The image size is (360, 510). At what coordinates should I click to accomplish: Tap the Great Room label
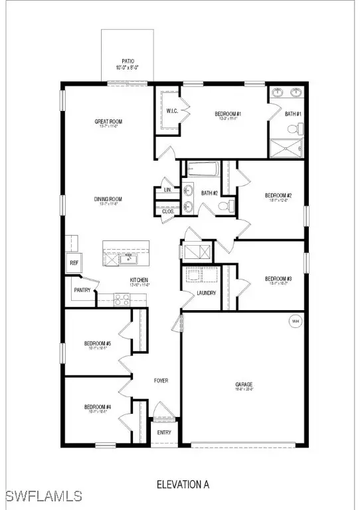click(106, 122)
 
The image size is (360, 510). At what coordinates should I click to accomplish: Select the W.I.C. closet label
click(171, 111)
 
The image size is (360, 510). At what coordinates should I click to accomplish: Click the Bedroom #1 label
click(228, 115)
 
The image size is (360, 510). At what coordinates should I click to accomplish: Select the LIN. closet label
click(167, 191)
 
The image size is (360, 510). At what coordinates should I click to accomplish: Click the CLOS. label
click(168, 211)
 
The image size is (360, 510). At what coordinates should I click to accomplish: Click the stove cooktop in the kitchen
click(122, 299)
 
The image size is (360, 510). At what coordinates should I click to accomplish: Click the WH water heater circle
click(294, 322)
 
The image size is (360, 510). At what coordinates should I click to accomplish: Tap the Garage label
click(244, 385)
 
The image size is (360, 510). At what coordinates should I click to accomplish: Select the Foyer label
click(161, 381)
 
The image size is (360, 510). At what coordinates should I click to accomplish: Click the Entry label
click(164, 432)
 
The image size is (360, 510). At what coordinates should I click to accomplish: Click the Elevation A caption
click(183, 484)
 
